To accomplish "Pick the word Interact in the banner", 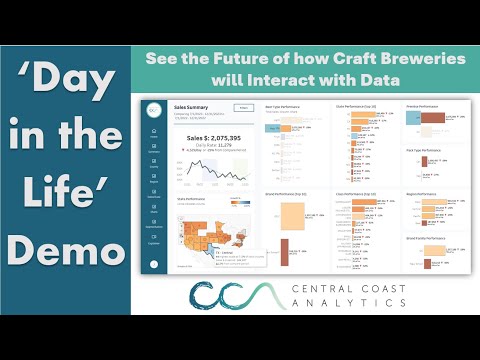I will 284,79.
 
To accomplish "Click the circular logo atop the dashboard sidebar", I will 153,110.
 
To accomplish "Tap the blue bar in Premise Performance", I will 386,119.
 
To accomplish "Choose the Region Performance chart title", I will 394,191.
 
